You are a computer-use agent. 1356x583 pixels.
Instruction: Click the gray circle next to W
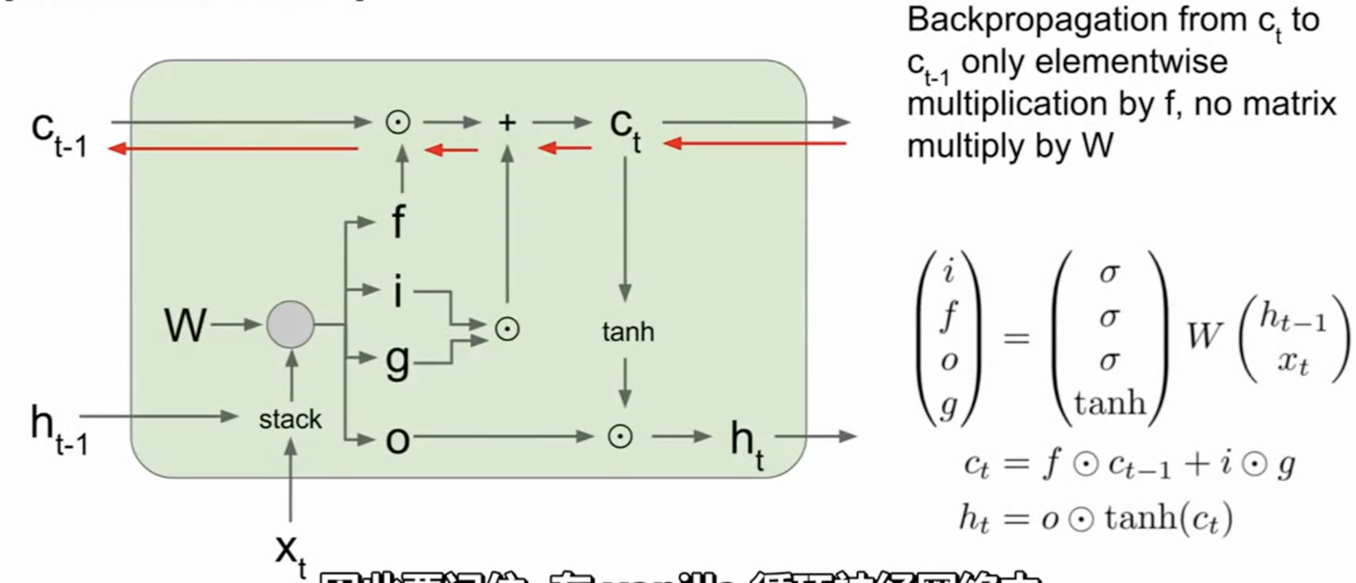290,324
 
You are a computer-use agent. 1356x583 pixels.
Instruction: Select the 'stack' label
290,419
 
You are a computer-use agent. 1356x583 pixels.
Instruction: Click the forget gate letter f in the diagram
398,222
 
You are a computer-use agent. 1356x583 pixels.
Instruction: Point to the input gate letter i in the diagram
398,291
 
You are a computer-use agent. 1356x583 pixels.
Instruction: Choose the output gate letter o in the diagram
398,439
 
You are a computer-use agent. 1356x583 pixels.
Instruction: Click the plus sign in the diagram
507,123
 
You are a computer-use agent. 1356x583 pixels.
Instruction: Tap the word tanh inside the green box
628,332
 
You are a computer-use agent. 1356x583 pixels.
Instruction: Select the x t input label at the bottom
290,553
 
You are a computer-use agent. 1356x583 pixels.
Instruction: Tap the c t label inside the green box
625,128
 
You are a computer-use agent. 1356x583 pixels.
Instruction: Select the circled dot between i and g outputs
507,329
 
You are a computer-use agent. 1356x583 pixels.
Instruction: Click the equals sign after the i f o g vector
1016,338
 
